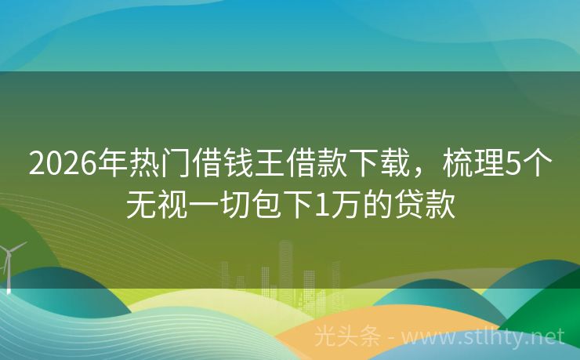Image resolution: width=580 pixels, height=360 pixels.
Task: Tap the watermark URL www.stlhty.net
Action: pos(484,336)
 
